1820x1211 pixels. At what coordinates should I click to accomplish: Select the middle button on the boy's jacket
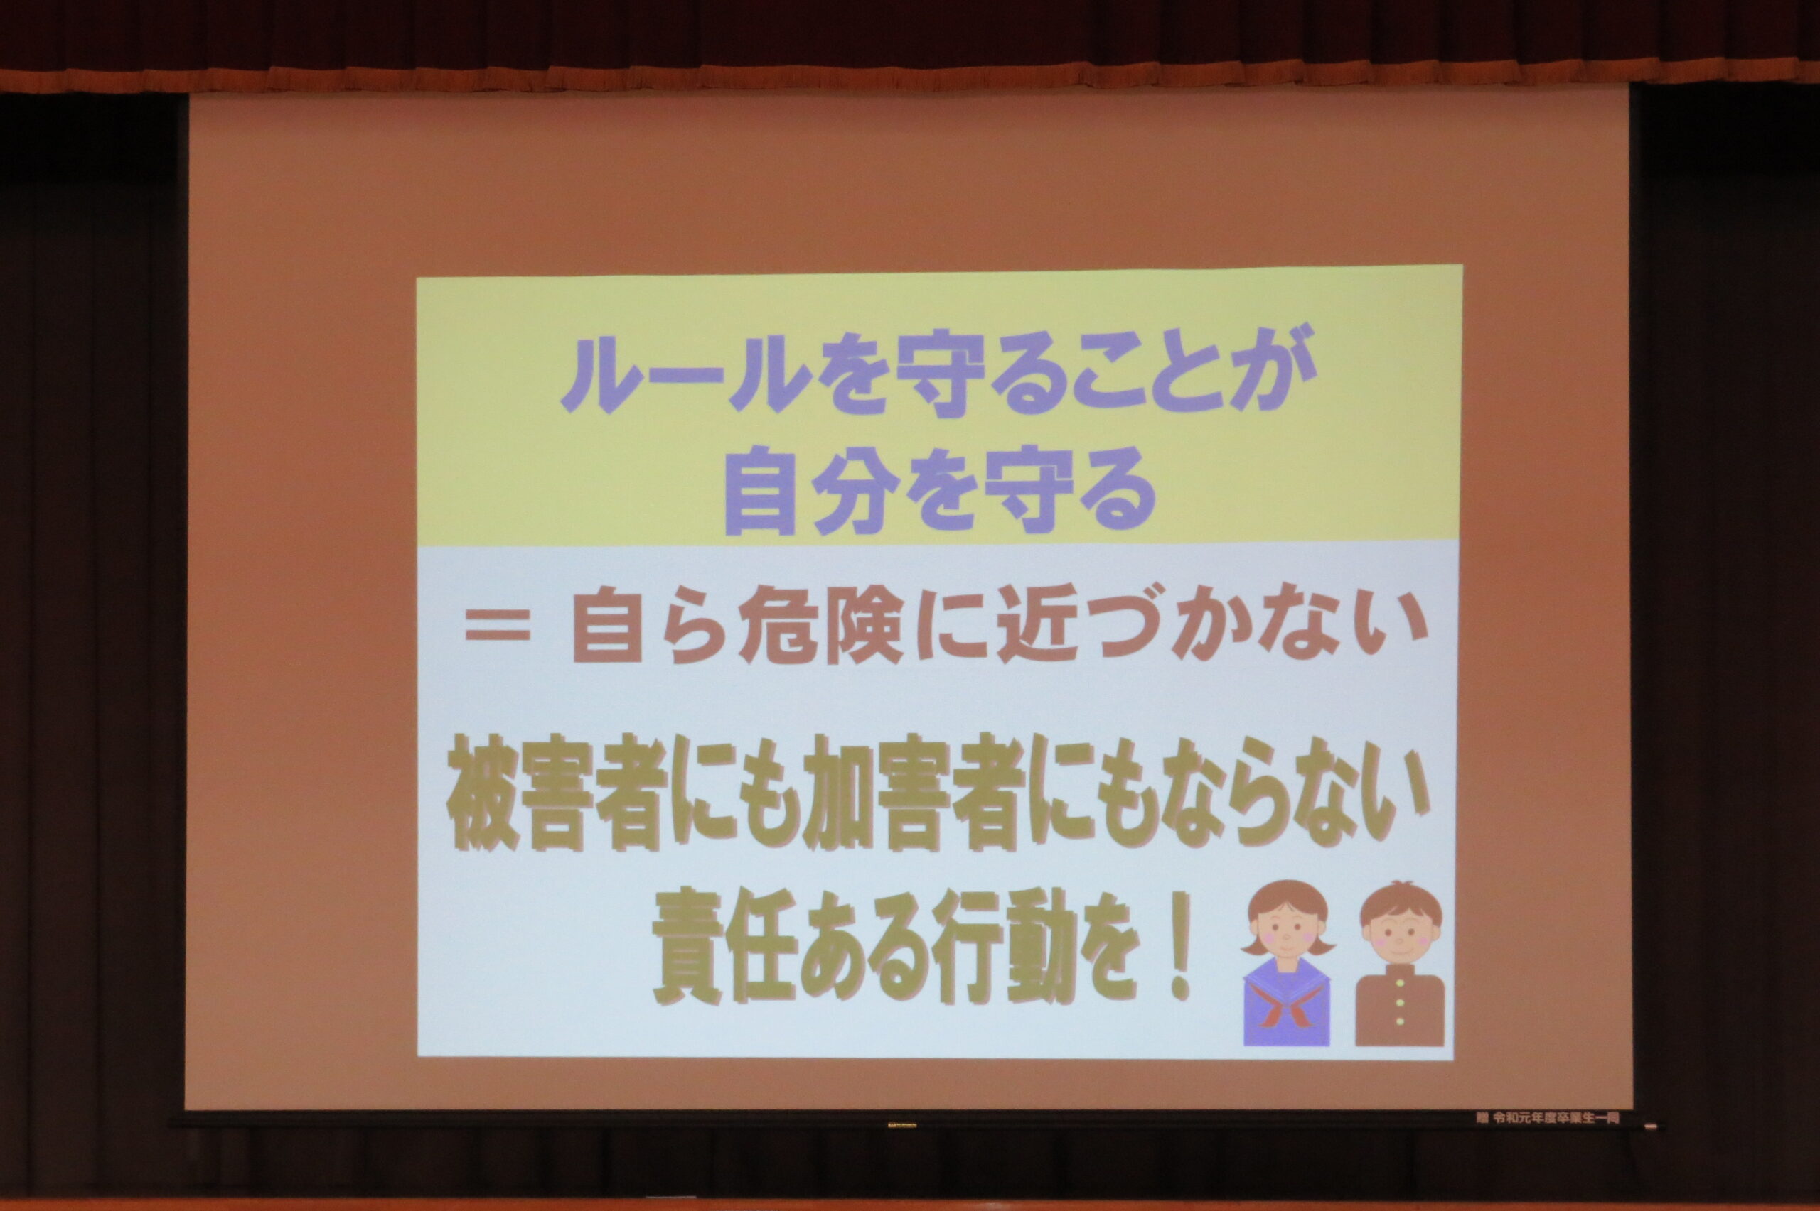(1400, 1004)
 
